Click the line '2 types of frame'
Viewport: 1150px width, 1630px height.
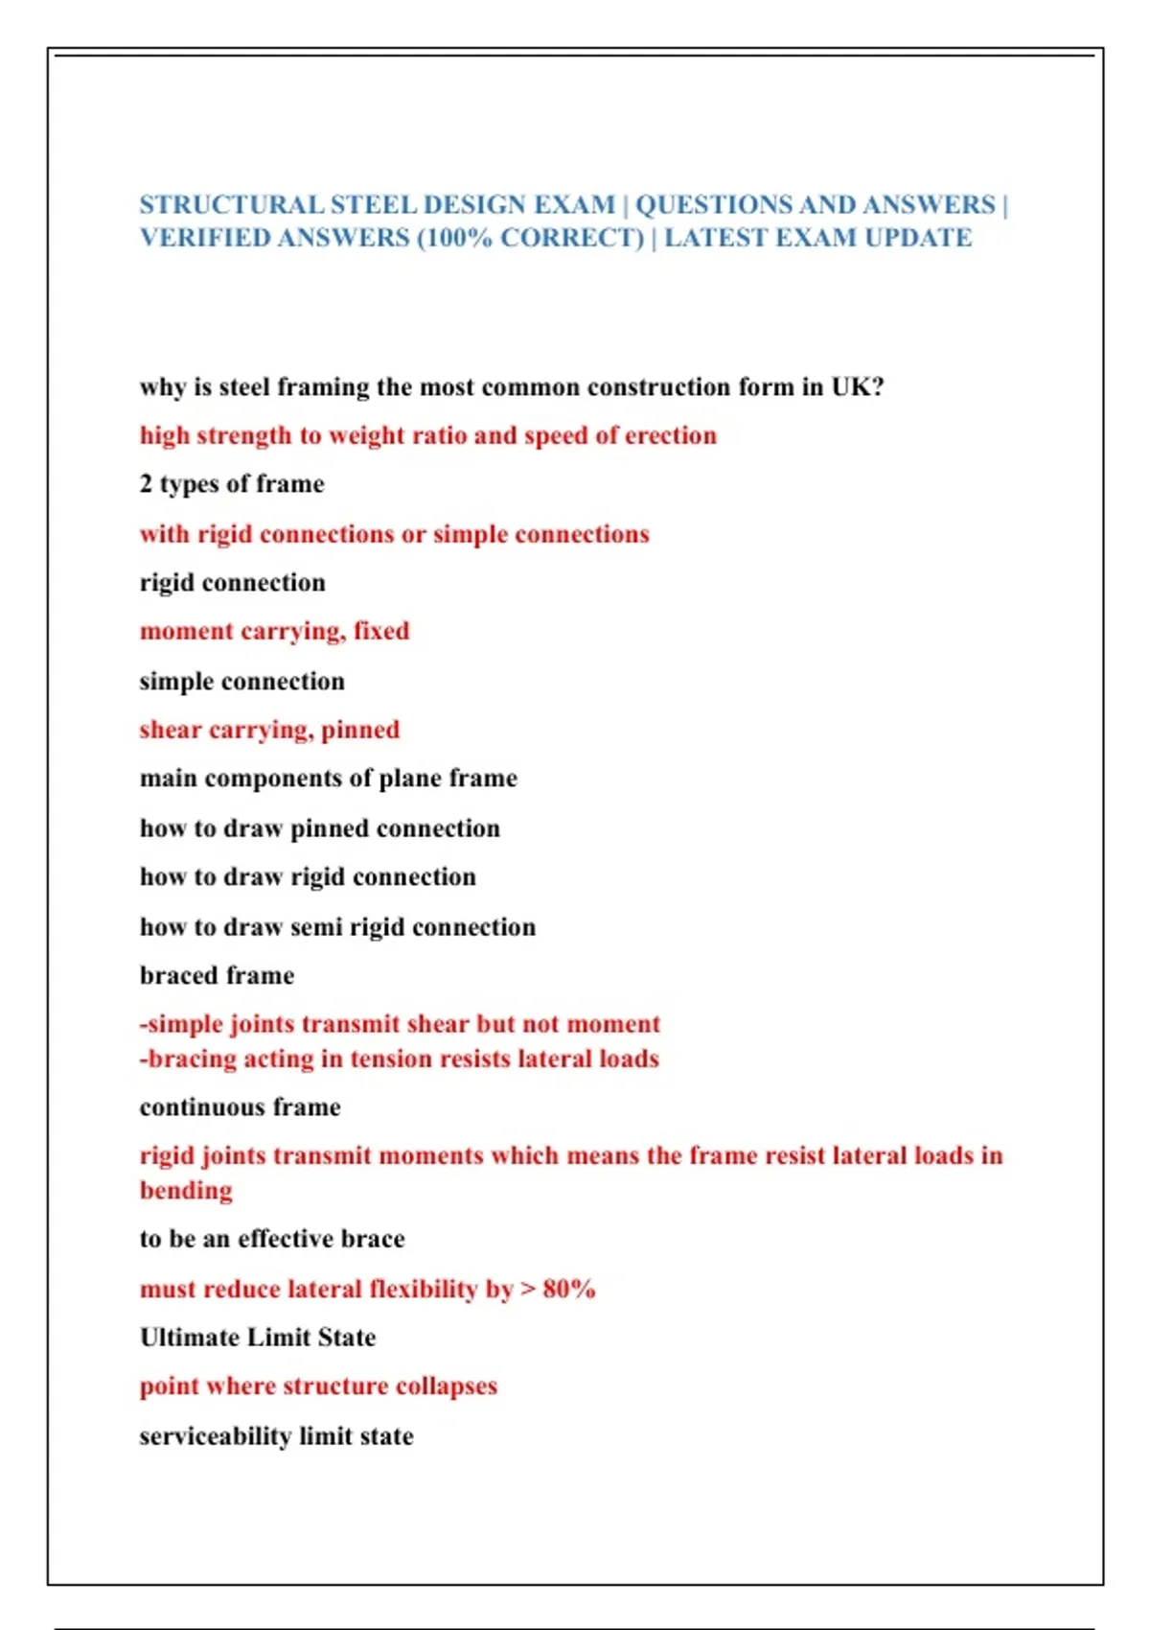[232, 484]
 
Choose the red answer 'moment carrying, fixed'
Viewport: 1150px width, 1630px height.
[274, 631]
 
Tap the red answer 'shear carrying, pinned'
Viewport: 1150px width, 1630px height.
[269, 730]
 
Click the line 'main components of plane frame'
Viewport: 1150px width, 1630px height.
[328, 778]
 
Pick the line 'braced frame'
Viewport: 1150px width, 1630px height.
[217, 975]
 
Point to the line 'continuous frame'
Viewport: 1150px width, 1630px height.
[240, 1107]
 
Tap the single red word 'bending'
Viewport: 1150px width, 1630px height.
[186, 1191]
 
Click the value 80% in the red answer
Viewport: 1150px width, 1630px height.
[569, 1289]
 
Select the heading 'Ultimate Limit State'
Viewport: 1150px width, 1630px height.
[257, 1338]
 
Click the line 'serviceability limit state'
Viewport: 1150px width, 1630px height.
[276, 1436]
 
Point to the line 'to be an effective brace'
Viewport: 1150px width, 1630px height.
[272, 1239]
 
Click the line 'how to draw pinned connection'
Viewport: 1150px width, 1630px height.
[319, 828]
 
